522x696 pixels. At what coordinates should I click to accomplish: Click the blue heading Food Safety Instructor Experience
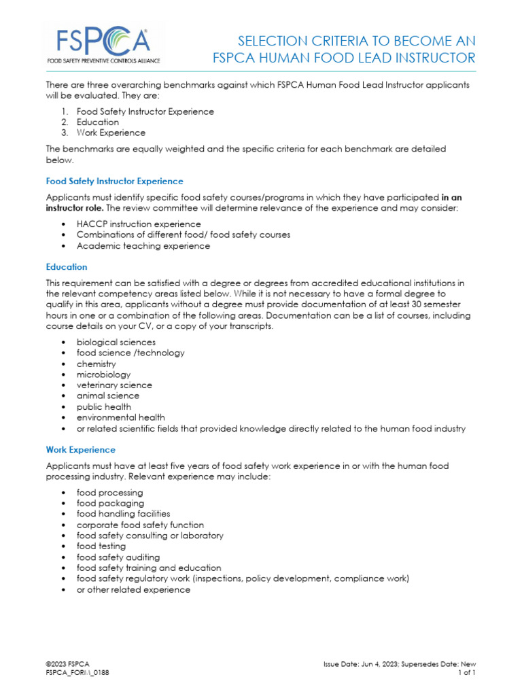pos(114,181)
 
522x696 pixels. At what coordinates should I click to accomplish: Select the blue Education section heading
pos(67,267)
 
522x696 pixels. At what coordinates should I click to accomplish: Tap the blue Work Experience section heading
pos(80,450)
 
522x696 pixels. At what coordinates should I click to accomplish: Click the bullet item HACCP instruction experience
pos(139,224)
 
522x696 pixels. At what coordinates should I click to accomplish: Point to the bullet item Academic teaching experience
pos(143,246)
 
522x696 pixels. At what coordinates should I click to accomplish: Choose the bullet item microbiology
pos(103,375)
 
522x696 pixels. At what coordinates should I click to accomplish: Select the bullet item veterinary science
pos(114,385)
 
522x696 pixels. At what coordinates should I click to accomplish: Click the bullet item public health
pos(104,407)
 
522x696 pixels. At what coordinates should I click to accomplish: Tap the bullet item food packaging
pos(110,504)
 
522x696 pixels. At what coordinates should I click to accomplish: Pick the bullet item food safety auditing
pos(118,557)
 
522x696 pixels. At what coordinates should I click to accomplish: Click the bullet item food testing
pos(101,546)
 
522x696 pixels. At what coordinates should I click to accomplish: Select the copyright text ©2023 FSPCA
pos(67,663)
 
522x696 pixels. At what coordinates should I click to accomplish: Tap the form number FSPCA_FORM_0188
pos(77,672)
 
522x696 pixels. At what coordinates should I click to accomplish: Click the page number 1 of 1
pos(467,672)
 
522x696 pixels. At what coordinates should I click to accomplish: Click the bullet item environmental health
pos(120,418)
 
